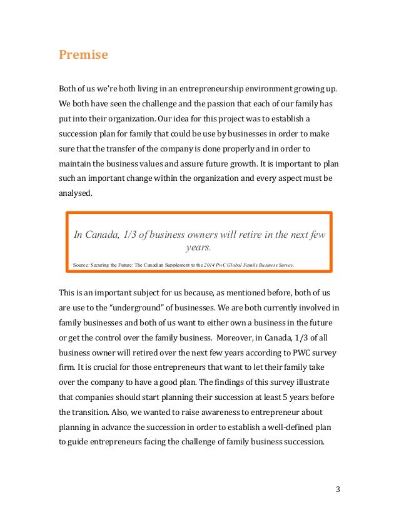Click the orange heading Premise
coord(83,55)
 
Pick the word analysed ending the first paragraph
coord(75,194)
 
